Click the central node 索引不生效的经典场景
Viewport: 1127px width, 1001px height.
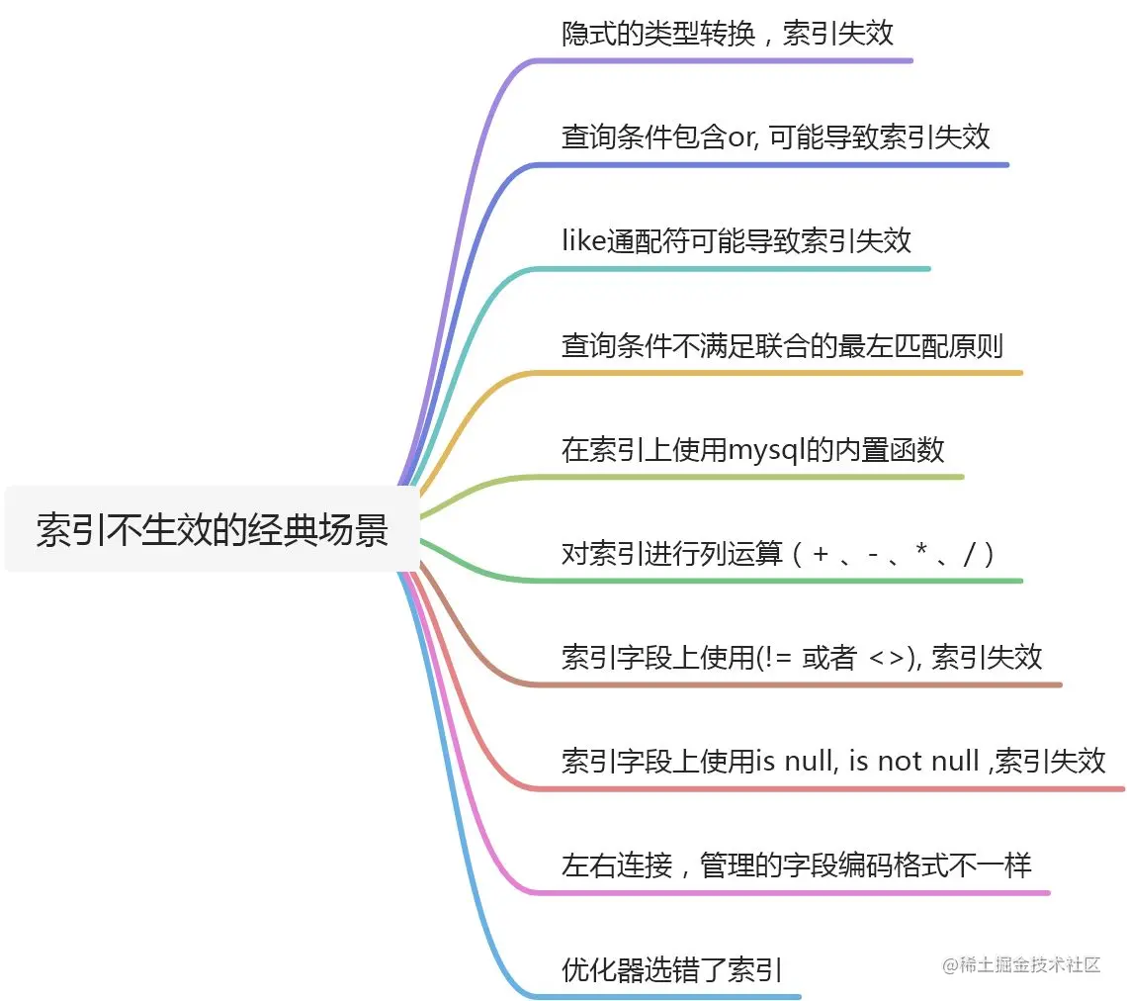[x=212, y=529]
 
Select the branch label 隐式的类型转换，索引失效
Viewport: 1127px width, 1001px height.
[x=727, y=34]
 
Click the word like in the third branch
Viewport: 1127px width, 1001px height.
[x=582, y=240]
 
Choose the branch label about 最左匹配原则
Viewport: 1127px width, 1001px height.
[x=782, y=345]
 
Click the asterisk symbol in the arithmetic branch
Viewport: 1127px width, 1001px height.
[x=920, y=553]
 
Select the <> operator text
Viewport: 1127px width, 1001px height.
[x=884, y=657]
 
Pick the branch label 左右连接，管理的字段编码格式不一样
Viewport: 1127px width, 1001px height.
[x=796, y=865]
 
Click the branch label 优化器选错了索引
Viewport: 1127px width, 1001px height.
[x=671, y=969]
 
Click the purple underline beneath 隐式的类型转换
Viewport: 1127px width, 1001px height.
[x=722, y=60]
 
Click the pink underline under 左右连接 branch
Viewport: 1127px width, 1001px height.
[x=791, y=892]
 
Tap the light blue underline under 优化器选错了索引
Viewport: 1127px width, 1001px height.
[x=672, y=996]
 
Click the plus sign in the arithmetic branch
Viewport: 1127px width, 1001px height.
[x=820, y=554]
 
